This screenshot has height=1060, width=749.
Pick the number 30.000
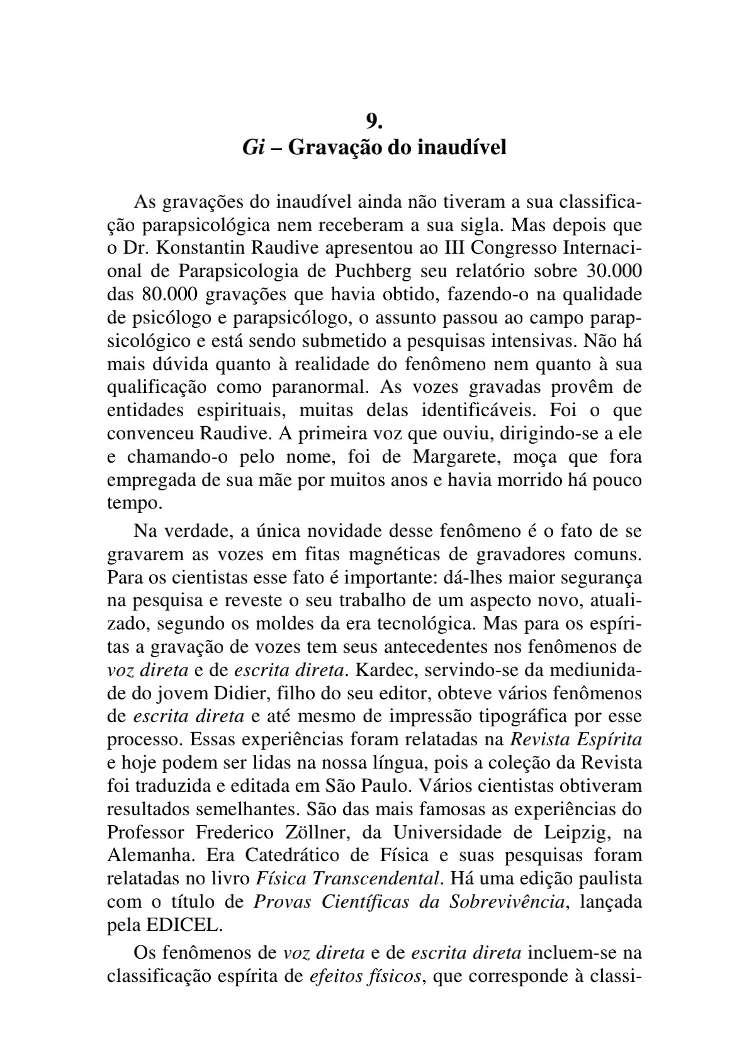[x=614, y=272]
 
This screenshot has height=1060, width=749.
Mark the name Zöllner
[x=317, y=833]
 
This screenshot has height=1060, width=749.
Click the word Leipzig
[x=572, y=833]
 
